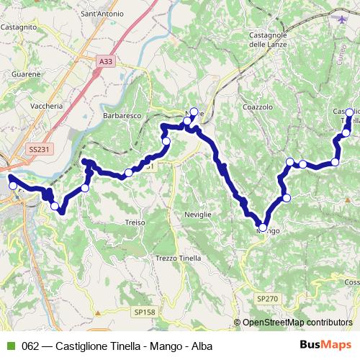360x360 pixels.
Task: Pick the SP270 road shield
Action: (x=266, y=297)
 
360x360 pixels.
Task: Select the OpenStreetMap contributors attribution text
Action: (x=297, y=323)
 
